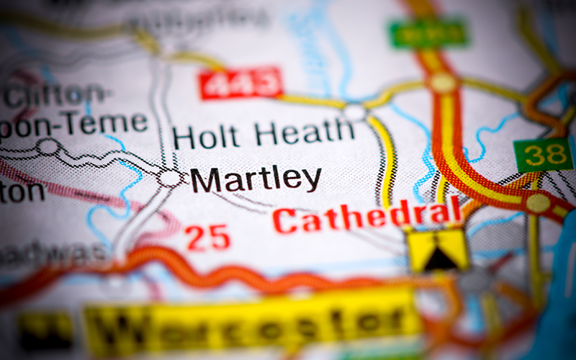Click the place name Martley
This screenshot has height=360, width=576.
[256, 180]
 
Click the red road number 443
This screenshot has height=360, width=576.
[240, 84]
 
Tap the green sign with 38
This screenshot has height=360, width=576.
[543, 155]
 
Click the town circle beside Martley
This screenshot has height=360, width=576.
[171, 177]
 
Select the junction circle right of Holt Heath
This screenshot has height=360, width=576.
[354, 112]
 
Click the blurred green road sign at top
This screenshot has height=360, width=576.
[428, 32]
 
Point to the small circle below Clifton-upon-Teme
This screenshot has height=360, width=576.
[48, 147]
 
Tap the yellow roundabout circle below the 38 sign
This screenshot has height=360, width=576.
[537, 202]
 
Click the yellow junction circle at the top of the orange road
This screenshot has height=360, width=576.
[442, 82]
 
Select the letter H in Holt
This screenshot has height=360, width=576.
[185, 136]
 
